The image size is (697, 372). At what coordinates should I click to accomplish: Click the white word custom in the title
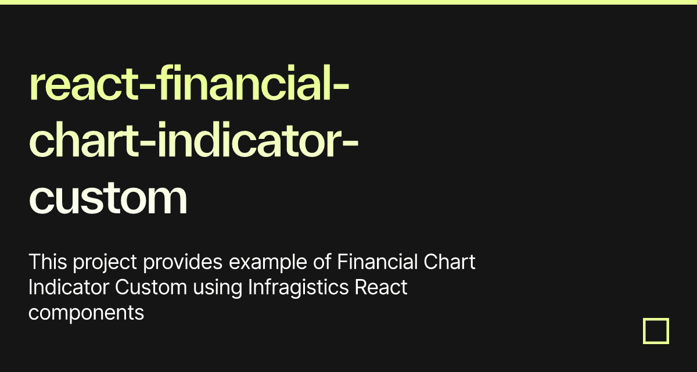[108, 198]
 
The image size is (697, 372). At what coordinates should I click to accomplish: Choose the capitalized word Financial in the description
[376, 262]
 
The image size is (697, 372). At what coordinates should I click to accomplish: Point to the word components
[86, 313]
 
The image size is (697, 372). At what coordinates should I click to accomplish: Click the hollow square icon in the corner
[656, 331]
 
